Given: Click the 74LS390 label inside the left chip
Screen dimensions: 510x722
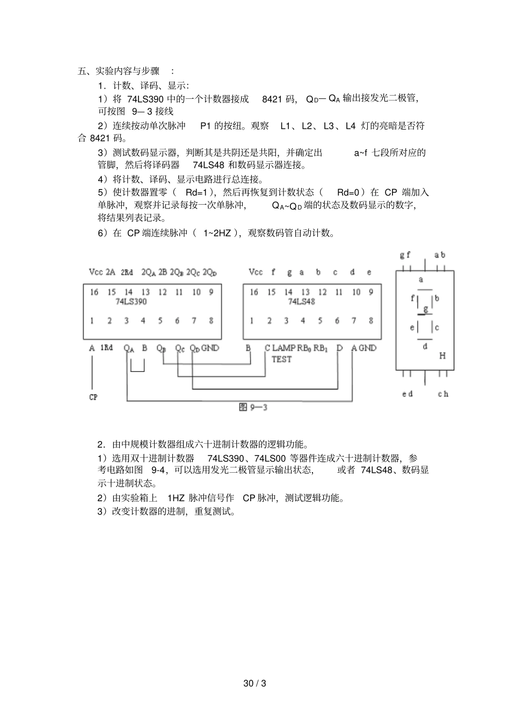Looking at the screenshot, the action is (131, 301).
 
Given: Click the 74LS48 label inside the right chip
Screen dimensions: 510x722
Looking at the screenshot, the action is (301, 301).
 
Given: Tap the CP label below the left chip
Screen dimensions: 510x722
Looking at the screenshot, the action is (93, 397).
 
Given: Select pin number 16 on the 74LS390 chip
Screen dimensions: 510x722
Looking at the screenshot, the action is (94, 292).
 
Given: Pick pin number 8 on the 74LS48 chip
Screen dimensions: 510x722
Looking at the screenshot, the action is (371, 321).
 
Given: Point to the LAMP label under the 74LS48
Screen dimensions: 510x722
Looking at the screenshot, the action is (283, 348).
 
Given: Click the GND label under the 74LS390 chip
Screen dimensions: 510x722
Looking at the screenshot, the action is (210, 348).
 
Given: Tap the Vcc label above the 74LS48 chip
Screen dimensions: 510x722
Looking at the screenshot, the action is (256, 272).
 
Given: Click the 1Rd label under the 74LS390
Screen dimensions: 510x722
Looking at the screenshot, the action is (107, 348).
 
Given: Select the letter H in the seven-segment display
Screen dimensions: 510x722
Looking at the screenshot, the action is (442, 356).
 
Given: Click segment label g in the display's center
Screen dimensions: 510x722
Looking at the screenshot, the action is (426, 309).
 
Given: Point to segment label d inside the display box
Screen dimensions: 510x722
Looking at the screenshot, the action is (425, 346).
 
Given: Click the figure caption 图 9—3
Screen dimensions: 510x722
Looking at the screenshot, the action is (253, 407).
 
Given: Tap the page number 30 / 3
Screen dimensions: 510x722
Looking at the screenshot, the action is (255, 683).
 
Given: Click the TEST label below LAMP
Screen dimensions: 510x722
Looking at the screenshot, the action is (281, 359).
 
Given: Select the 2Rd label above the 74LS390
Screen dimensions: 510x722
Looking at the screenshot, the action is (127, 272).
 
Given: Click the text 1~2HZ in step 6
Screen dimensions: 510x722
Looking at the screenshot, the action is (217, 233).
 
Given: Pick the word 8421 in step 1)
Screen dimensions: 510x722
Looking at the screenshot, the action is (272, 99).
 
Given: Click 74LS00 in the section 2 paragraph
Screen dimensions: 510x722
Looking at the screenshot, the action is (271, 458).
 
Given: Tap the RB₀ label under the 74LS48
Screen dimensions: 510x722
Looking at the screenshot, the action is (304, 348).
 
